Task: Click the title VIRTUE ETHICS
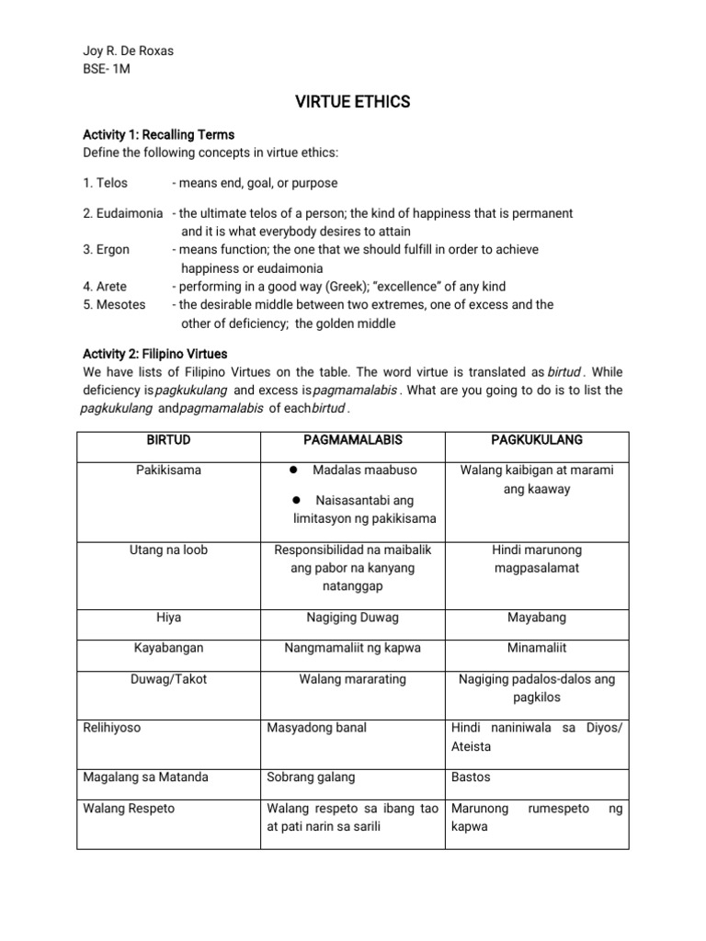(353, 102)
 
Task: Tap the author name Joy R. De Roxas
(128, 51)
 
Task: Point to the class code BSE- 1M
(108, 69)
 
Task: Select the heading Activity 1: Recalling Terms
(158, 134)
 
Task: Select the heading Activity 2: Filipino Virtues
(154, 354)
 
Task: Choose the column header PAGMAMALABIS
(351, 440)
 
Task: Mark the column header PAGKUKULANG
(537, 440)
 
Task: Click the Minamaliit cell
(537, 648)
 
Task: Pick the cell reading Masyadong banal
(316, 728)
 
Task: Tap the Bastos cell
(471, 777)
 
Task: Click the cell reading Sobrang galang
(310, 777)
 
